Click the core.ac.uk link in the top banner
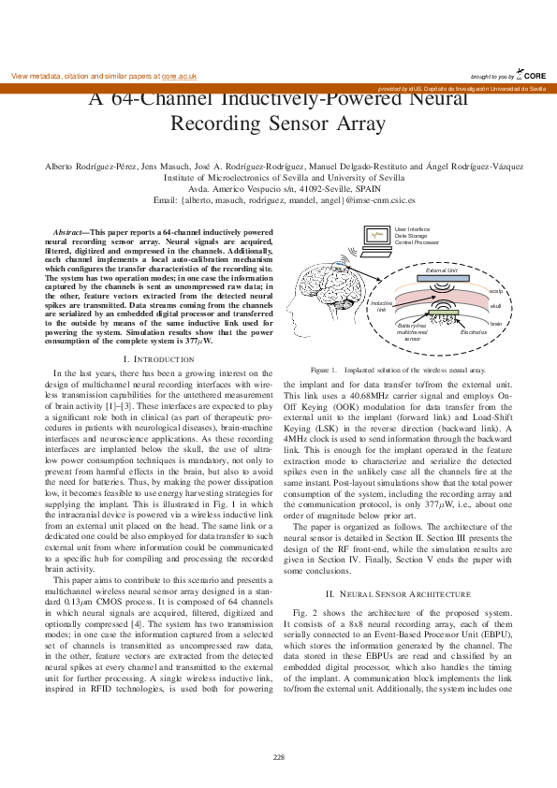tap(179, 75)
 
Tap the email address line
tap(284, 199)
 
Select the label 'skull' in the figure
tap(495, 306)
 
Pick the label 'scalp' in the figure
tap(496, 291)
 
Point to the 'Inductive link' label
tap(381, 306)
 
